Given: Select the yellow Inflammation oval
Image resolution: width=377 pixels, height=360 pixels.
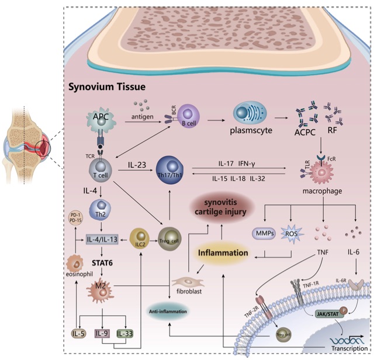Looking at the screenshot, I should coord(221,253).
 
